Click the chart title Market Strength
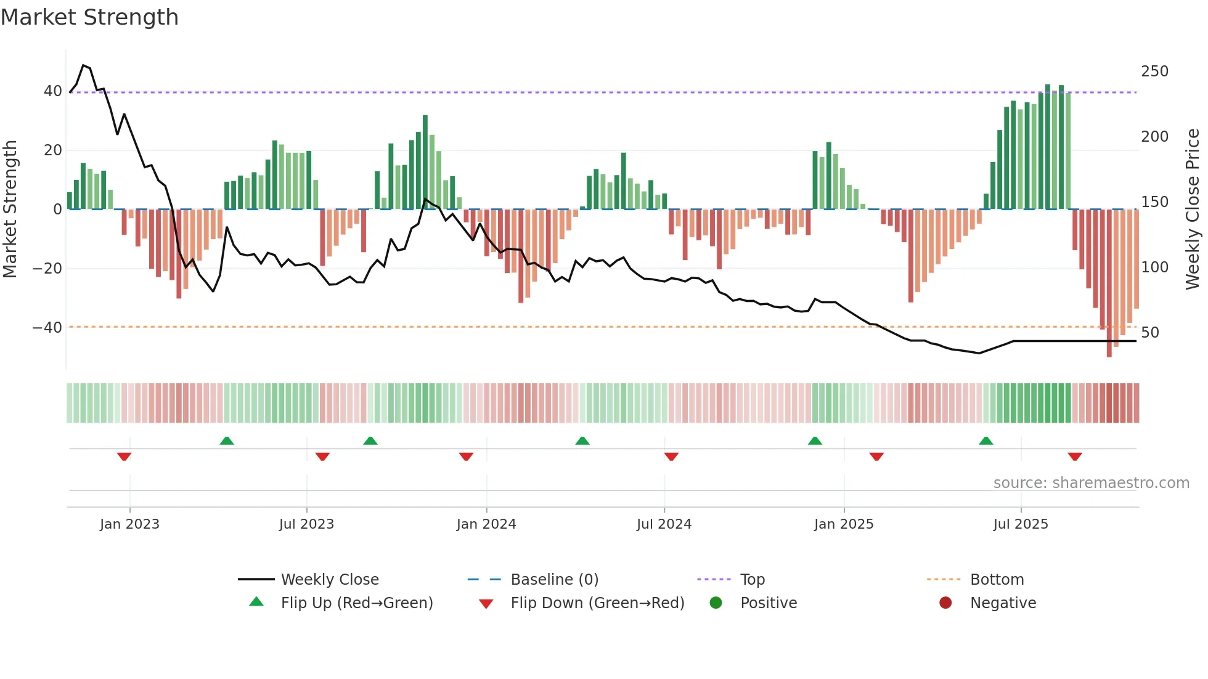pos(89,17)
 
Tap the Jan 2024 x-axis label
pos(486,524)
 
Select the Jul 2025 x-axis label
pos(1020,524)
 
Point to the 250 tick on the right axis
pos(1154,71)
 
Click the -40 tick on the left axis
pos(47,328)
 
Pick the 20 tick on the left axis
pos(52,150)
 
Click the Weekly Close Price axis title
pos(1193,209)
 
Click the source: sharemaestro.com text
pos(1091,483)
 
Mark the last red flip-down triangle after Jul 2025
pos(1075,457)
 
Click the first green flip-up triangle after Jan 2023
pos(227,441)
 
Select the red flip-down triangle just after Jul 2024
pos(671,457)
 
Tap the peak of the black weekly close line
pos(83,65)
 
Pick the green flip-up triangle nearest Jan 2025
pos(815,441)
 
